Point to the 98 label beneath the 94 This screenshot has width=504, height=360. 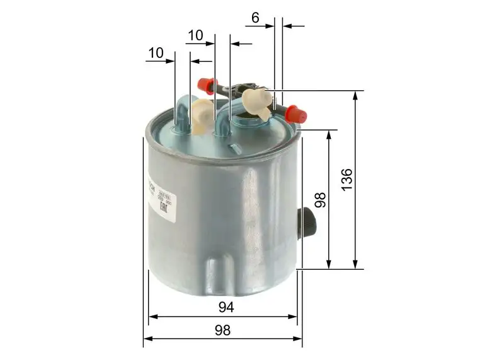tap(222, 330)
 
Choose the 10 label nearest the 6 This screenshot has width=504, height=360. tap(195, 35)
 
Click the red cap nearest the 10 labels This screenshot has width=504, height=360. tap(207, 86)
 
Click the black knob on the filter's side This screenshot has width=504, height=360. tap(309, 222)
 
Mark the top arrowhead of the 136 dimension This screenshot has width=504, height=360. tap(356, 95)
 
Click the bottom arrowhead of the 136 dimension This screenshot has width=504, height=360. tap(356, 265)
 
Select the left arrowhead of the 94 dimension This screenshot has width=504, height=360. tap(152, 316)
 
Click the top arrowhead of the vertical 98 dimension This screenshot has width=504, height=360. tap(329, 134)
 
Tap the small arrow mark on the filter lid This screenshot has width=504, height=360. tap(234, 147)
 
